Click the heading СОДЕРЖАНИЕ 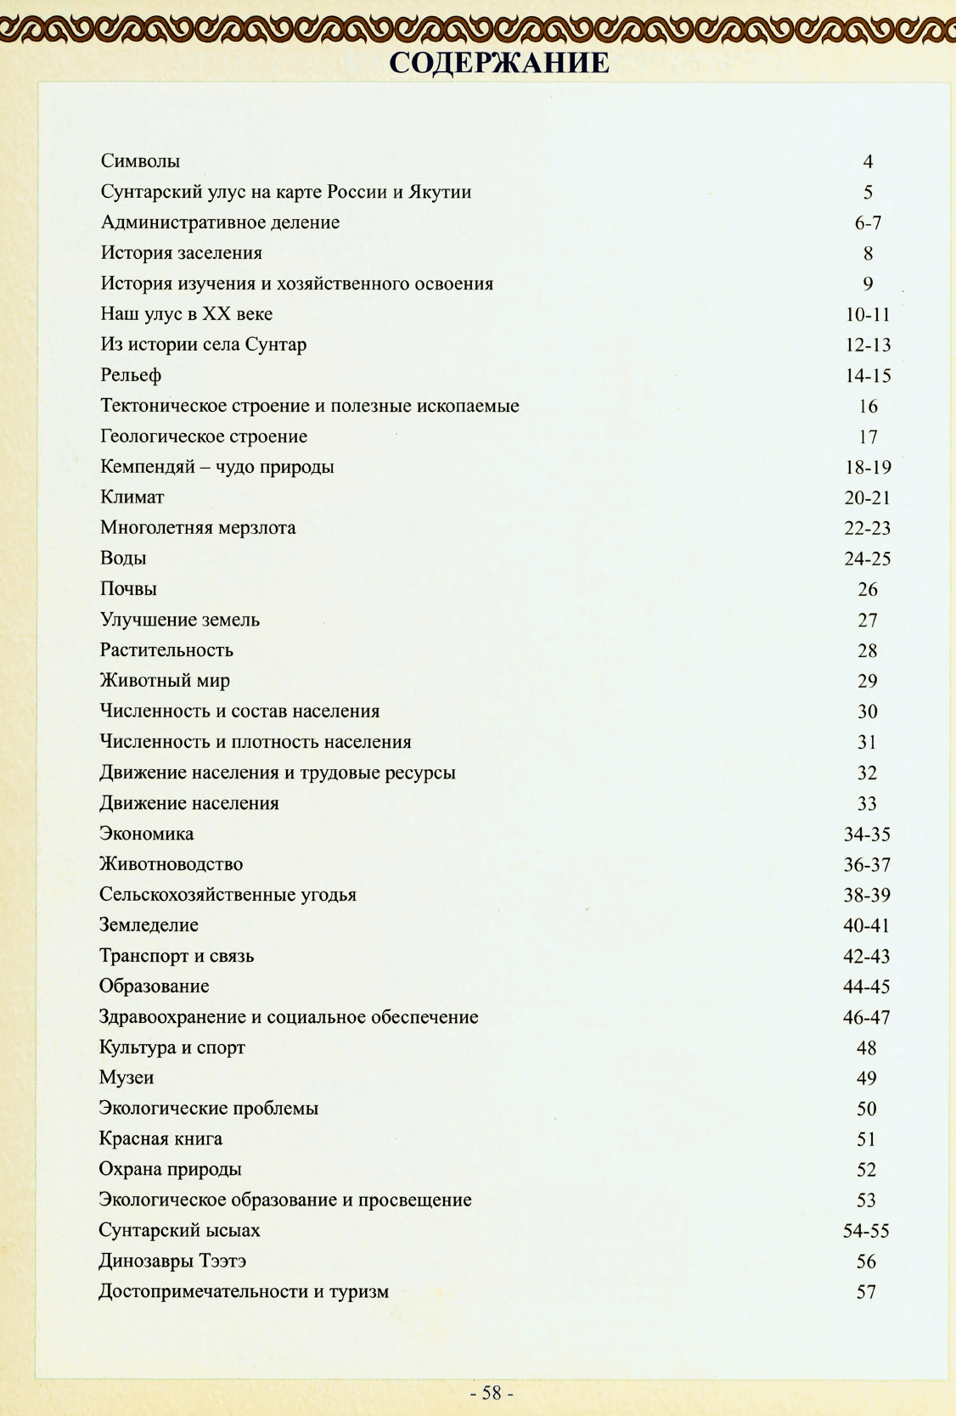pos(499,63)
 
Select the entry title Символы pos(140,160)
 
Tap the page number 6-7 pos(868,222)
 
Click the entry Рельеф pos(131,375)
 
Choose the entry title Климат pos(132,497)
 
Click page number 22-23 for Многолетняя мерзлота pos(867,528)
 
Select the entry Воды pos(123,558)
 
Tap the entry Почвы pos(128,588)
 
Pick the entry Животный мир pos(165,680)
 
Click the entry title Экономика pos(146,834)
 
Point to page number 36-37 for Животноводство pos(867,864)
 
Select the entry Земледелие pos(149,925)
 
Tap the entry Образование pos(154,986)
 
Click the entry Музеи pos(127,1078)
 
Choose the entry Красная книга pos(160,1139)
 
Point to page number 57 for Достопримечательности pos(866,1292)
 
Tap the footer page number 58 pos(492,1393)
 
